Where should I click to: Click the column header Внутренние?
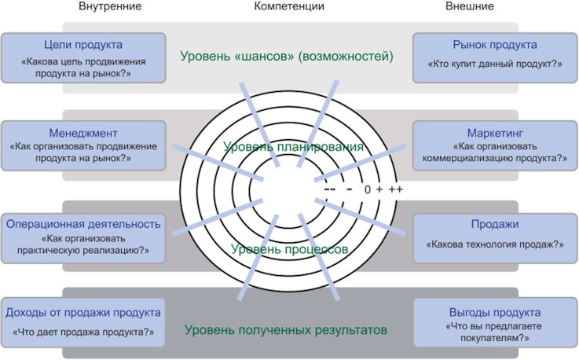pyautogui.click(x=110, y=6)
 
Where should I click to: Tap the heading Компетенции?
pyautogui.click(x=289, y=6)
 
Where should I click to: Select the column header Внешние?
pyautogui.click(x=470, y=6)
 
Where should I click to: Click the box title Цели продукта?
pyautogui.click(x=83, y=45)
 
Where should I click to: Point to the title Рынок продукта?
pyautogui.click(x=495, y=45)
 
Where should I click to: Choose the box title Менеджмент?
pyautogui.click(x=83, y=133)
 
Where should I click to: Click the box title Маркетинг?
pyautogui.click(x=495, y=133)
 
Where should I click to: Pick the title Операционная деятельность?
pyautogui.click(x=83, y=224)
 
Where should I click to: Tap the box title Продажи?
pyautogui.click(x=495, y=224)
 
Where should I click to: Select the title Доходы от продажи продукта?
pyautogui.click(x=83, y=313)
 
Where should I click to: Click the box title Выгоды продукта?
pyautogui.click(x=495, y=313)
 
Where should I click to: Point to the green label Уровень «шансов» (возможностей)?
pyautogui.click(x=287, y=56)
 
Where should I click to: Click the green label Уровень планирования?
pyautogui.click(x=293, y=147)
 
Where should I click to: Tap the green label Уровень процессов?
pyautogui.click(x=289, y=249)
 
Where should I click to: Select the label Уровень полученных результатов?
pyautogui.click(x=286, y=329)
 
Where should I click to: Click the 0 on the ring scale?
pyautogui.click(x=368, y=189)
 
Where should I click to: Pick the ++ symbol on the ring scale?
pyautogui.click(x=395, y=189)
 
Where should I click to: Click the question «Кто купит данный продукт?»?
pyautogui.click(x=495, y=64)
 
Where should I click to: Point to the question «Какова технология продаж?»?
pyautogui.click(x=495, y=244)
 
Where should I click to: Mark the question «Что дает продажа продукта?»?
pyautogui.click(x=83, y=332)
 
